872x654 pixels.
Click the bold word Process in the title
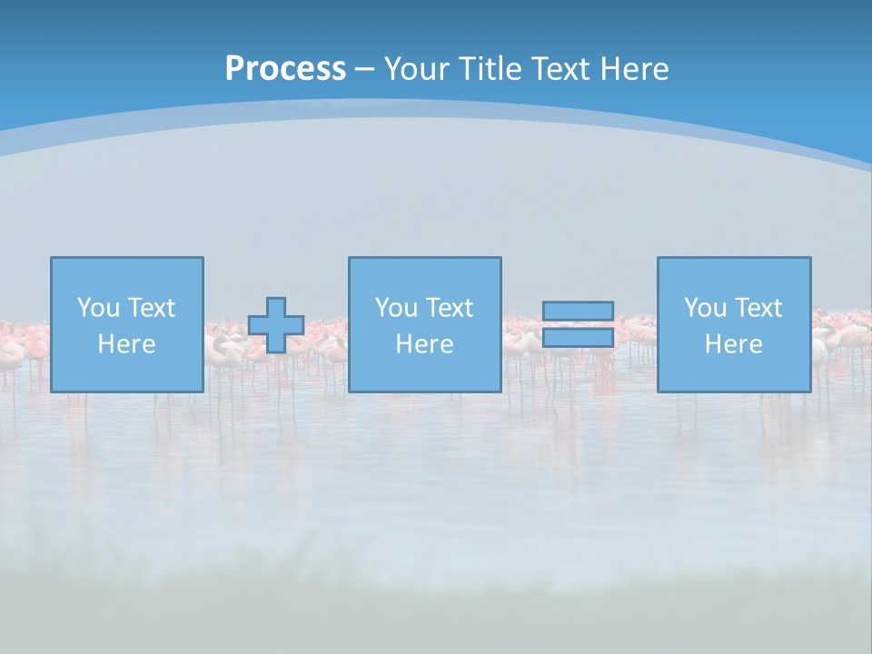coord(285,69)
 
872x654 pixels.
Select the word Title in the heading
coord(490,69)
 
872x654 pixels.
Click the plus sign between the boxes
coord(276,325)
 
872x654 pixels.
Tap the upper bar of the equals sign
coord(578,312)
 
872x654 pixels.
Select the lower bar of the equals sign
coord(578,338)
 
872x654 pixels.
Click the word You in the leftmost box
coord(97,308)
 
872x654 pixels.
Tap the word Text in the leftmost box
coord(151,308)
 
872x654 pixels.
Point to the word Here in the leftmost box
coord(127,344)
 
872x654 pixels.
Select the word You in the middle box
coord(395,308)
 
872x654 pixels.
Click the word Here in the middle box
coord(424,344)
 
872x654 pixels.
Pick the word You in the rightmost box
coord(704,308)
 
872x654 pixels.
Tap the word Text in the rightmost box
coord(758,308)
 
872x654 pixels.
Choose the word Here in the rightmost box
coord(734,344)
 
